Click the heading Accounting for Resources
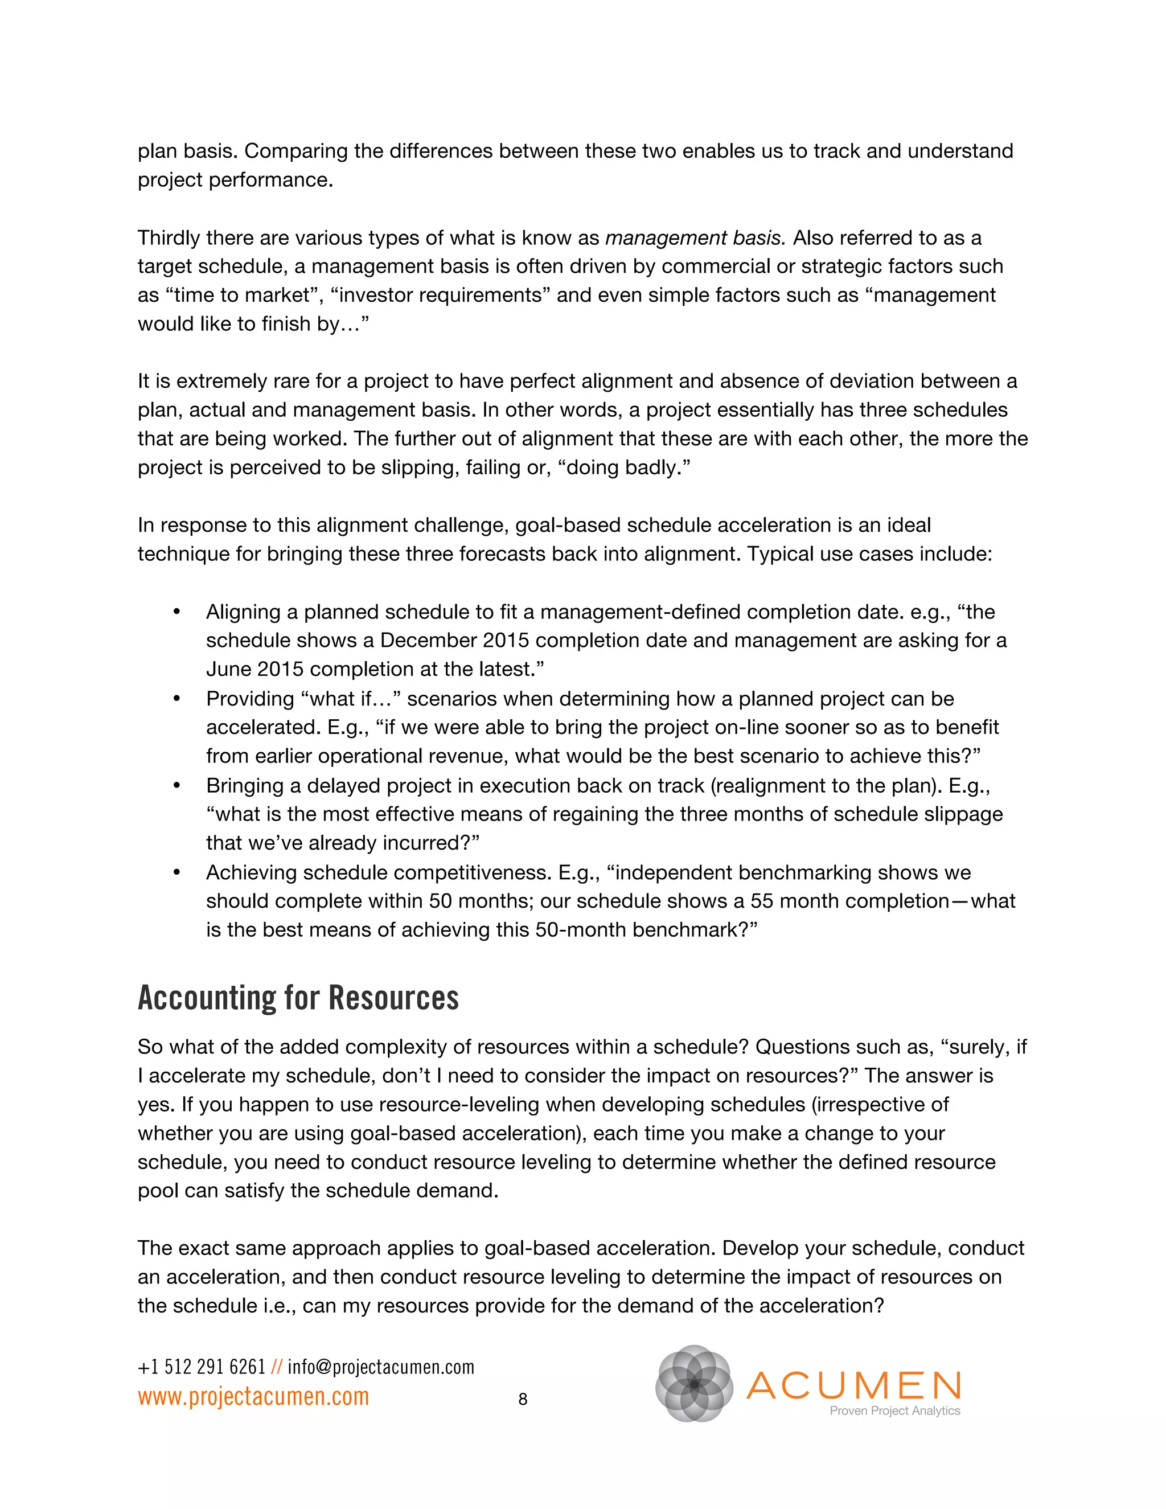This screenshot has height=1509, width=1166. tap(298, 998)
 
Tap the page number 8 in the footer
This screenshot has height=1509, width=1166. tap(523, 1399)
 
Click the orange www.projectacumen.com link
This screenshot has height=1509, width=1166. tap(253, 1396)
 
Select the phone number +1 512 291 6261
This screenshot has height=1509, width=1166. tap(202, 1367)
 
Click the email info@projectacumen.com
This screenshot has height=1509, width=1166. tap(381, 1367)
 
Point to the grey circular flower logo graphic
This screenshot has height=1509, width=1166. tap(693, 1383)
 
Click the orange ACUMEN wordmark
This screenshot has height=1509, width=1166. tap(854, 1385)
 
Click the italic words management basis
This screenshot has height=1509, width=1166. tap(696, 237)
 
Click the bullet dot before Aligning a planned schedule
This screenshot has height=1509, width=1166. tap(177, 612)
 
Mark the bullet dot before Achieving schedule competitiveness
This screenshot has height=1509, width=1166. tap(177, 872)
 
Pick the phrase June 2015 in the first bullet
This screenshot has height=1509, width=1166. tap(254, 670)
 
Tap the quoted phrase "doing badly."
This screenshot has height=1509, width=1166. tap(628, 468)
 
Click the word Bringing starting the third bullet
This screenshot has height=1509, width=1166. tap(249, 786)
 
